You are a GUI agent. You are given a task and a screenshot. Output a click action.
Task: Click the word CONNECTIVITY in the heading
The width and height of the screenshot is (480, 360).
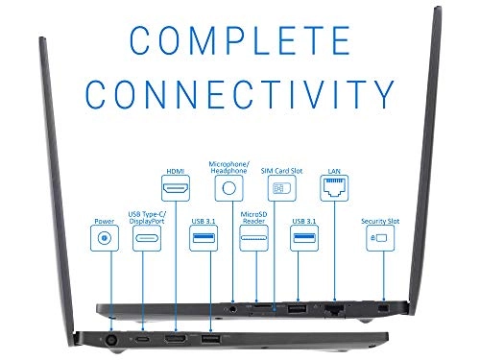[239, 94]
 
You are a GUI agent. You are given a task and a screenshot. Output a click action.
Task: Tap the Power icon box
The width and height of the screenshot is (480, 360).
[103, 236]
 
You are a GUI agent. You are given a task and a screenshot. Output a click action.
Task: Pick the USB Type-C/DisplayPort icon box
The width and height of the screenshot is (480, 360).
[146, 239]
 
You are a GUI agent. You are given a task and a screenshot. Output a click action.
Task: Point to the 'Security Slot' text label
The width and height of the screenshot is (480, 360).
[378, 220]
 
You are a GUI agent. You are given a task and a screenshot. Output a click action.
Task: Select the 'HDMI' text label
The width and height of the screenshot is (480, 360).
[175, 171]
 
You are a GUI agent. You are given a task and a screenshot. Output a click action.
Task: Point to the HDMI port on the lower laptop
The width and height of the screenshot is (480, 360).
[176, 340]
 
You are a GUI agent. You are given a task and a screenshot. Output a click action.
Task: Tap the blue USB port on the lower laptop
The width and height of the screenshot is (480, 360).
[209, 340]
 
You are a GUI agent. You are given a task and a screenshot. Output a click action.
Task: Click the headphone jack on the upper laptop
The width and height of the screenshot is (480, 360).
[233, 309]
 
